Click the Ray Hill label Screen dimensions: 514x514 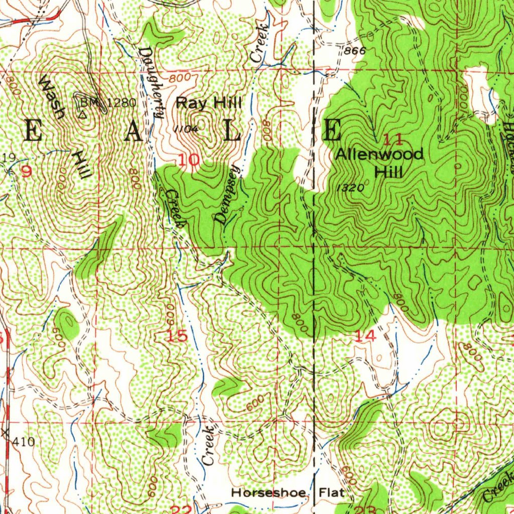point(209,103)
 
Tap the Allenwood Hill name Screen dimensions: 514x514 point(380,163)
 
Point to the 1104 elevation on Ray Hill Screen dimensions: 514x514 point(186,129)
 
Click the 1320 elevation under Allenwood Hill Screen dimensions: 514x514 point(350,187)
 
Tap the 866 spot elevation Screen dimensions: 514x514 point(354,51)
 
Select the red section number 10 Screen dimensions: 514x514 point(189,161)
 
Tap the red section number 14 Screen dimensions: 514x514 point(364,337)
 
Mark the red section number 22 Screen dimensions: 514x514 point(181,509)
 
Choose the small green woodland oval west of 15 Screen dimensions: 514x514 point(67,322)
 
